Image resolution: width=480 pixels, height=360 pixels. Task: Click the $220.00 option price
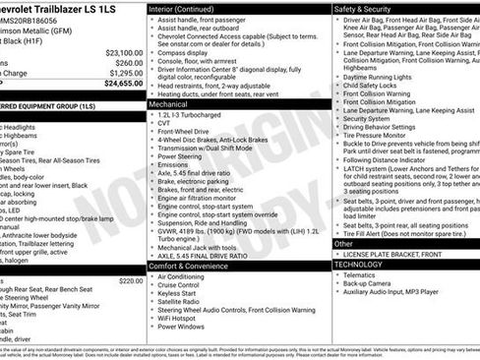click(131, 254)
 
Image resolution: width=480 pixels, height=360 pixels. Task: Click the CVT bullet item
click(164, 123)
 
